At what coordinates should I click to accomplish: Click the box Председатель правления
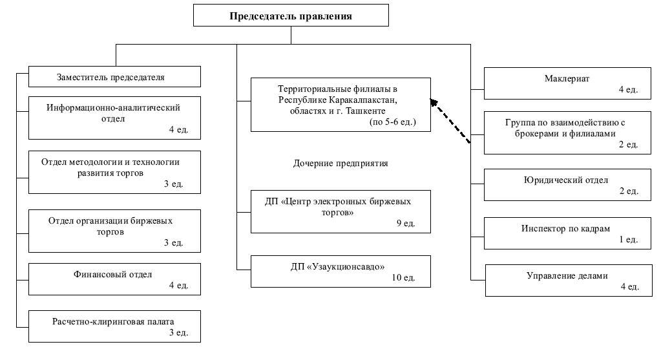coord(291,16)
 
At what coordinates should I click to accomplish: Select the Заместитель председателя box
coord(114,77)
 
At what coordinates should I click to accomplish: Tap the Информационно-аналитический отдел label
coord(113,113)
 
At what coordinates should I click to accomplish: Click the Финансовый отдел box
coord(114,279)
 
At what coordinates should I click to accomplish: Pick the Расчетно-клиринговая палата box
coord(114,326)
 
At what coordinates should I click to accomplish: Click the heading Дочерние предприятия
coord(341,163)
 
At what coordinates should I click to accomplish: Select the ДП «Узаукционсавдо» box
coord(341,271)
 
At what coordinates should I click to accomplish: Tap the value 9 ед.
coord(406,224)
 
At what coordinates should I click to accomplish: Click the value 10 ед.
coord(403,277)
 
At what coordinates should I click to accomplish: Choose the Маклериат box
coord(567,83)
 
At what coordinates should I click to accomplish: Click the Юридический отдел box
coord(567,185)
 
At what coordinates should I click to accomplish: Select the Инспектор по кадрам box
coord(567,233)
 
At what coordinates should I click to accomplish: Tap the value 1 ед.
coord(629,239)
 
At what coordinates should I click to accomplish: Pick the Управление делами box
coord(569,281)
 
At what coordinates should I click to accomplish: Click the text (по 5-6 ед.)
coord(392,122)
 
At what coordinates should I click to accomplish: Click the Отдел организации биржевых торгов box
coord(114,231)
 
